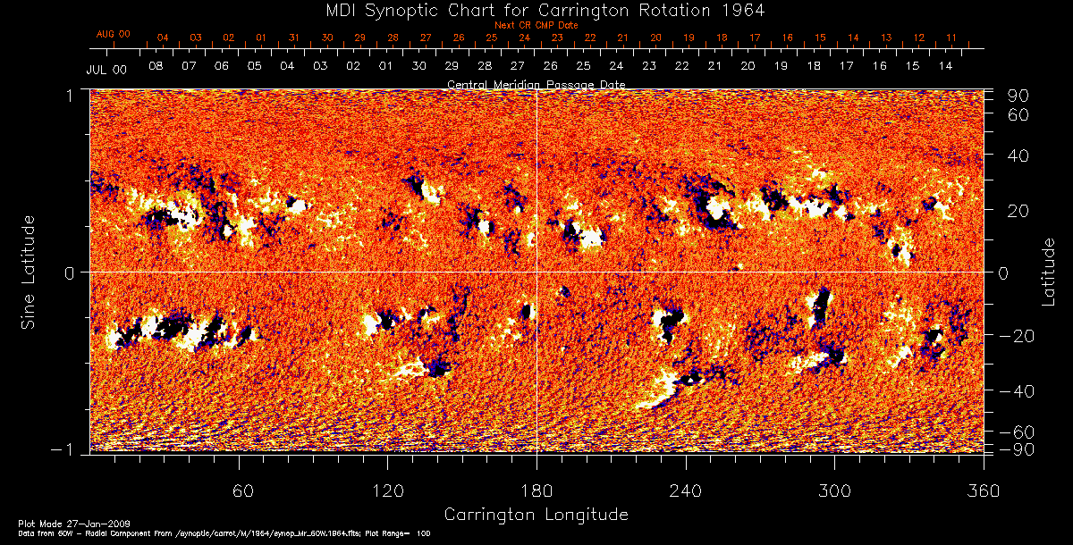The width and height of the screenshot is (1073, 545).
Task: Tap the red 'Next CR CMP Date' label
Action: (x=536, y=25)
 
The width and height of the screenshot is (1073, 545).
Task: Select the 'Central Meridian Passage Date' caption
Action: (x=536, y=84)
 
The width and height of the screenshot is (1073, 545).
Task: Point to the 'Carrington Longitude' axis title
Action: (x=536, y=515)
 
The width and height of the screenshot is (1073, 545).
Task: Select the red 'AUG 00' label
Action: (x=114, y=34)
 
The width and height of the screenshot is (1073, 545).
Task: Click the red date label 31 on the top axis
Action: (x=293, y=38)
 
